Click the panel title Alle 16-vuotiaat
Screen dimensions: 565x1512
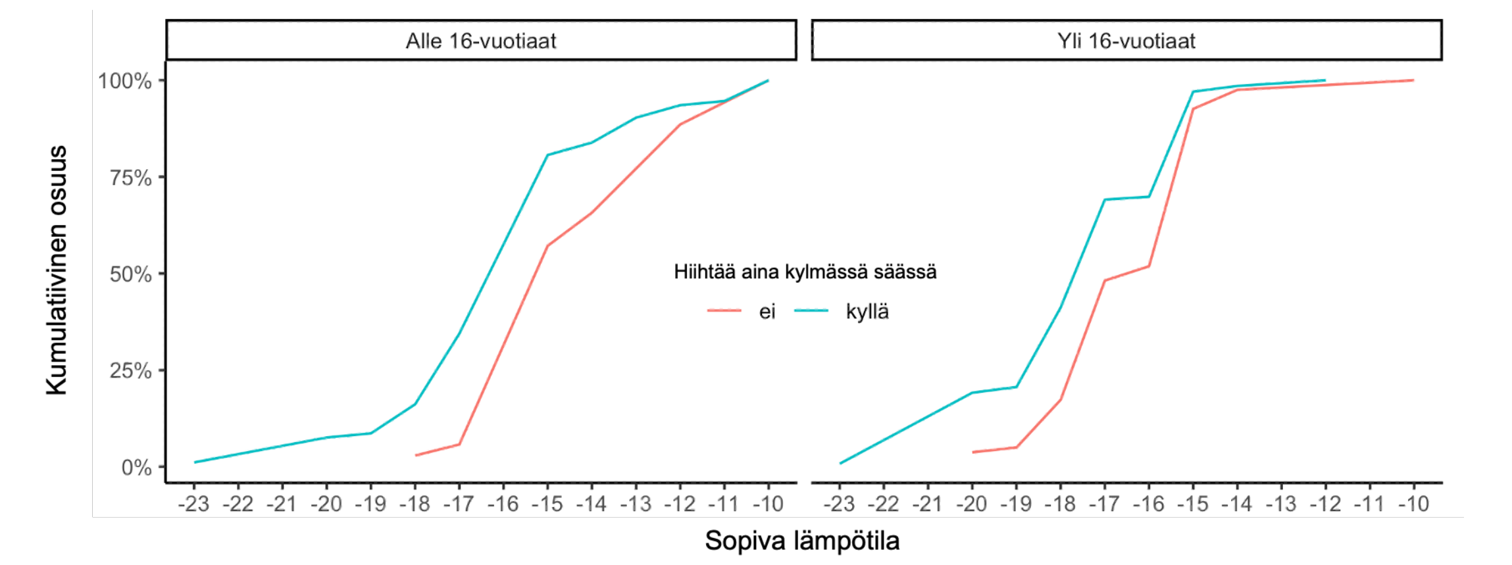pos(480,41)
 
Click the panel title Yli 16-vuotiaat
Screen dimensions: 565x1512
pos(1126,41)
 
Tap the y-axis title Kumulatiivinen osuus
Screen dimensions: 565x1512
pos(57,270)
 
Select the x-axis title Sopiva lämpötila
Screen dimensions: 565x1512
pos(802,541)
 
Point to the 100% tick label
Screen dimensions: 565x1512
pos(125,82)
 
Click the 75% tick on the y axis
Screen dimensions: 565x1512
pos(130,178)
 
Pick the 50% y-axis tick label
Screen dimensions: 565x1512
pos(130,274)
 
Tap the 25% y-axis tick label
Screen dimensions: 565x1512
pos(130,371)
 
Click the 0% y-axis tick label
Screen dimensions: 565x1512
pos(136,468)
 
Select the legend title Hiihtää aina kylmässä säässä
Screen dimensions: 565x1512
pos(805,272)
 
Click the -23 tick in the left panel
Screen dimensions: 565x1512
pos(194,504)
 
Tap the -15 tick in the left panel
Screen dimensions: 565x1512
pos(547,504)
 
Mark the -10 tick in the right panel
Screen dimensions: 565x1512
pos(1413,504)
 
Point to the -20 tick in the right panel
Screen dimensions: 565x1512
pos(972,504)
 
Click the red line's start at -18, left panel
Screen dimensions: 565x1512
pos(416,455)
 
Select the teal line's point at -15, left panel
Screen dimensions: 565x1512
pos(547,155)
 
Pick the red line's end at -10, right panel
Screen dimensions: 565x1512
pos(1413,80)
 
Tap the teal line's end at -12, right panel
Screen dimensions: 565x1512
pos(1324,80)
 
